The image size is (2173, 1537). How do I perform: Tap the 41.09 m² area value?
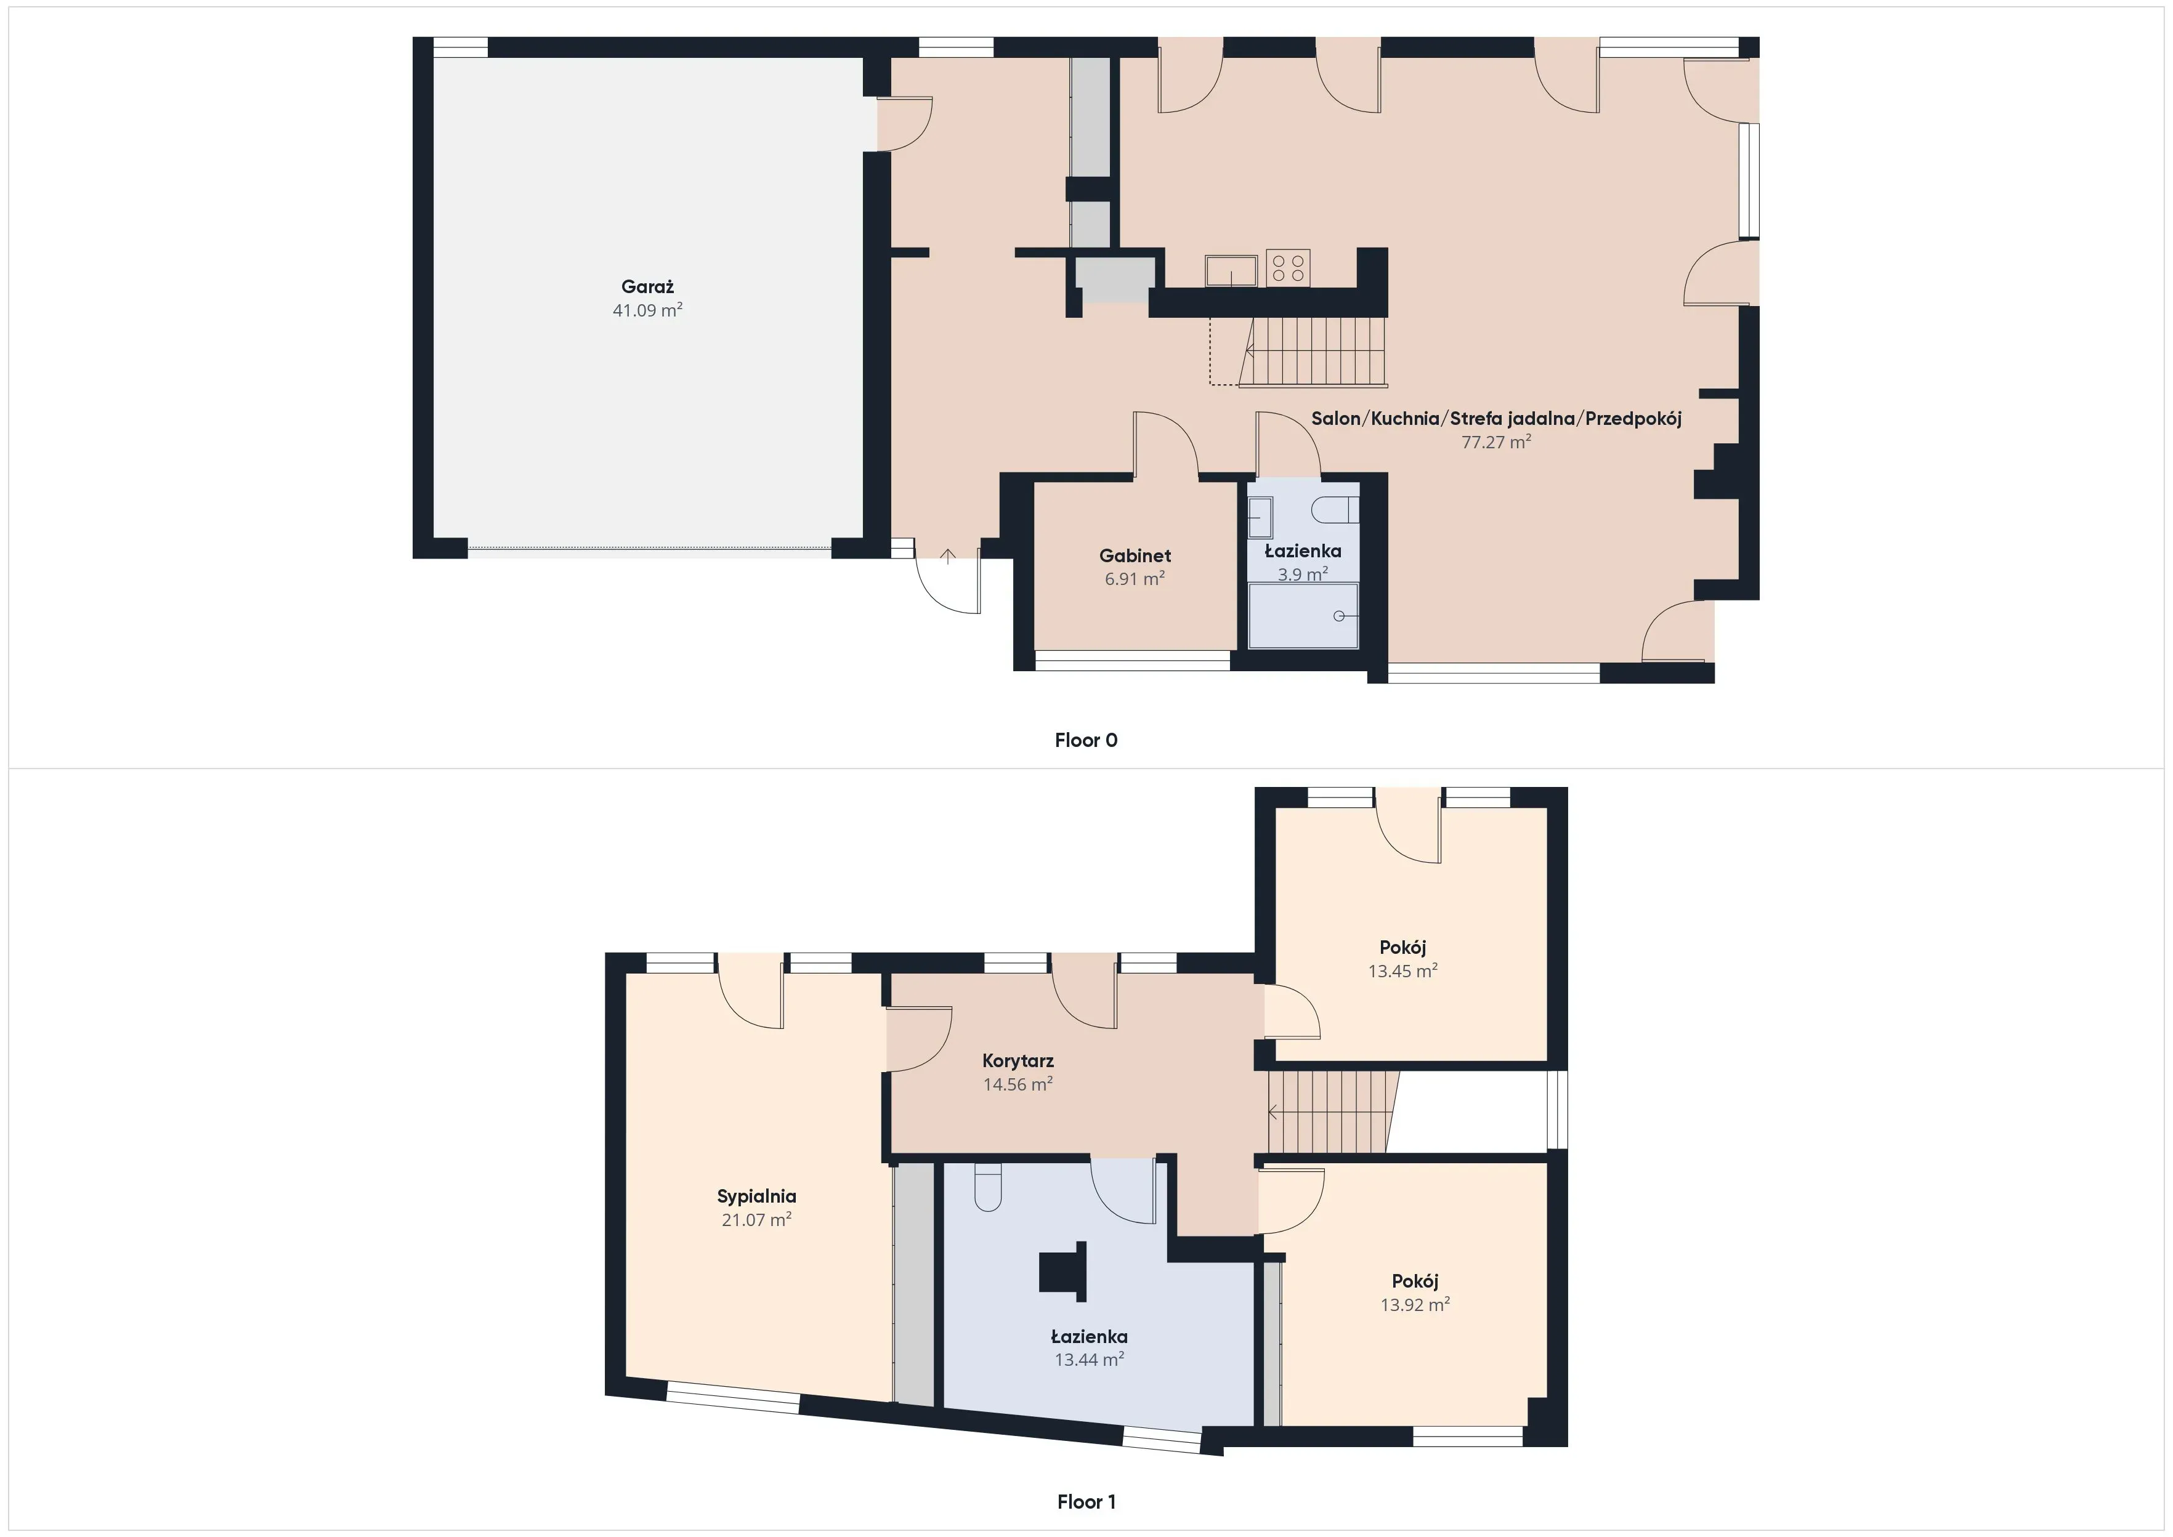[647, 310]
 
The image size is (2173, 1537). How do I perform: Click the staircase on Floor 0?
[1316, 352]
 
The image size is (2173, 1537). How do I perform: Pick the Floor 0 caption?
[1085, 741]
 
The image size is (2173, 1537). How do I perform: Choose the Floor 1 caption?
[1085, 1502]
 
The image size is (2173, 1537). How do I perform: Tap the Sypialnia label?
[756, 1196]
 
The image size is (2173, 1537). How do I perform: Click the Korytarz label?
[1018, 1061]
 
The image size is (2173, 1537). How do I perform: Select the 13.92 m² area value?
[1415, 1305]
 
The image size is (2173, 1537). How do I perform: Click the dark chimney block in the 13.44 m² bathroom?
[1064, 1271]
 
